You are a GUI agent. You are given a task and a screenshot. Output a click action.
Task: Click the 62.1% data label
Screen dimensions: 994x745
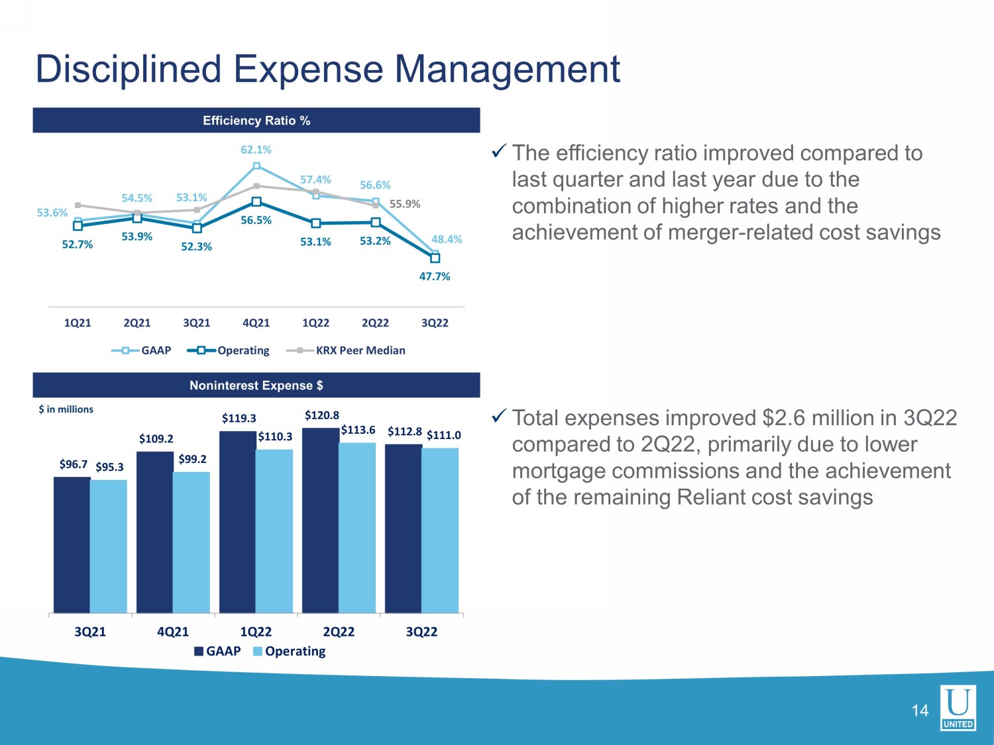(x=256, y=150)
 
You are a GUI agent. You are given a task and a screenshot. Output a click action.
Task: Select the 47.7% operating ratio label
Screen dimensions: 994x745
(x=434, y=276)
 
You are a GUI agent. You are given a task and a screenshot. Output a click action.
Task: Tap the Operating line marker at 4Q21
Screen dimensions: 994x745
(x=256, y=201)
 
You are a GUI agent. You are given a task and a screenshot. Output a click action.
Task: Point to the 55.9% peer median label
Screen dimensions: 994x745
(x=405, y=204)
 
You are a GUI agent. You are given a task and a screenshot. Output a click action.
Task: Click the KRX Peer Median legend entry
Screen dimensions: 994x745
(x=346, y=350)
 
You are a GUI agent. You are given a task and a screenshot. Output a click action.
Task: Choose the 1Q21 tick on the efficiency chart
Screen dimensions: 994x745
(x=78, y=323)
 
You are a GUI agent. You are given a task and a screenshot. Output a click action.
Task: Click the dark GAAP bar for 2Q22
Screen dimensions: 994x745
(x=321, y=521)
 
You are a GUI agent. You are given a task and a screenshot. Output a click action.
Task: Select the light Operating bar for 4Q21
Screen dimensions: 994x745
(x=191, y=543)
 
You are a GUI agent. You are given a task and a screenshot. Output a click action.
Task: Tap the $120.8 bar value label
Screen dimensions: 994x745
(x=321, y=415)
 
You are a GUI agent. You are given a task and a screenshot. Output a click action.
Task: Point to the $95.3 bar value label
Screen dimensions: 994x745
(x=109, y=467)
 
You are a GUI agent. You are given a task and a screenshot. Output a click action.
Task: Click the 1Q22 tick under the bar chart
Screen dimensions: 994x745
(x=256, y=632)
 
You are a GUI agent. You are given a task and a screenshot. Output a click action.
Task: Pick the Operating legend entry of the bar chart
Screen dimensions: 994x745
(x=290, y=652)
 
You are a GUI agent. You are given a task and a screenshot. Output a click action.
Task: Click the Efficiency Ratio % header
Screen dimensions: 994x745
(x=256, y=121)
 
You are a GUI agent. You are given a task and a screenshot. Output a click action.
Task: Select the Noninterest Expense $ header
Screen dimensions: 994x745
(x=256, y=385)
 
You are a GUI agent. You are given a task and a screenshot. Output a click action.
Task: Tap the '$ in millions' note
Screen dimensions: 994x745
(x=66, y=409)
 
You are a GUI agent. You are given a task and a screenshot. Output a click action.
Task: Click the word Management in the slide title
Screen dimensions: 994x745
(x=507, y=70)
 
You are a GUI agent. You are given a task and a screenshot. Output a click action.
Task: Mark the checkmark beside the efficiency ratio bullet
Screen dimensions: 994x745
(x=498, y=151)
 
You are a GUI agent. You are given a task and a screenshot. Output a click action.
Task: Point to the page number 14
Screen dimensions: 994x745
(x=920, y=711)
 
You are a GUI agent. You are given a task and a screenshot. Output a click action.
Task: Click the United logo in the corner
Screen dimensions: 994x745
(x=958, y=707)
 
